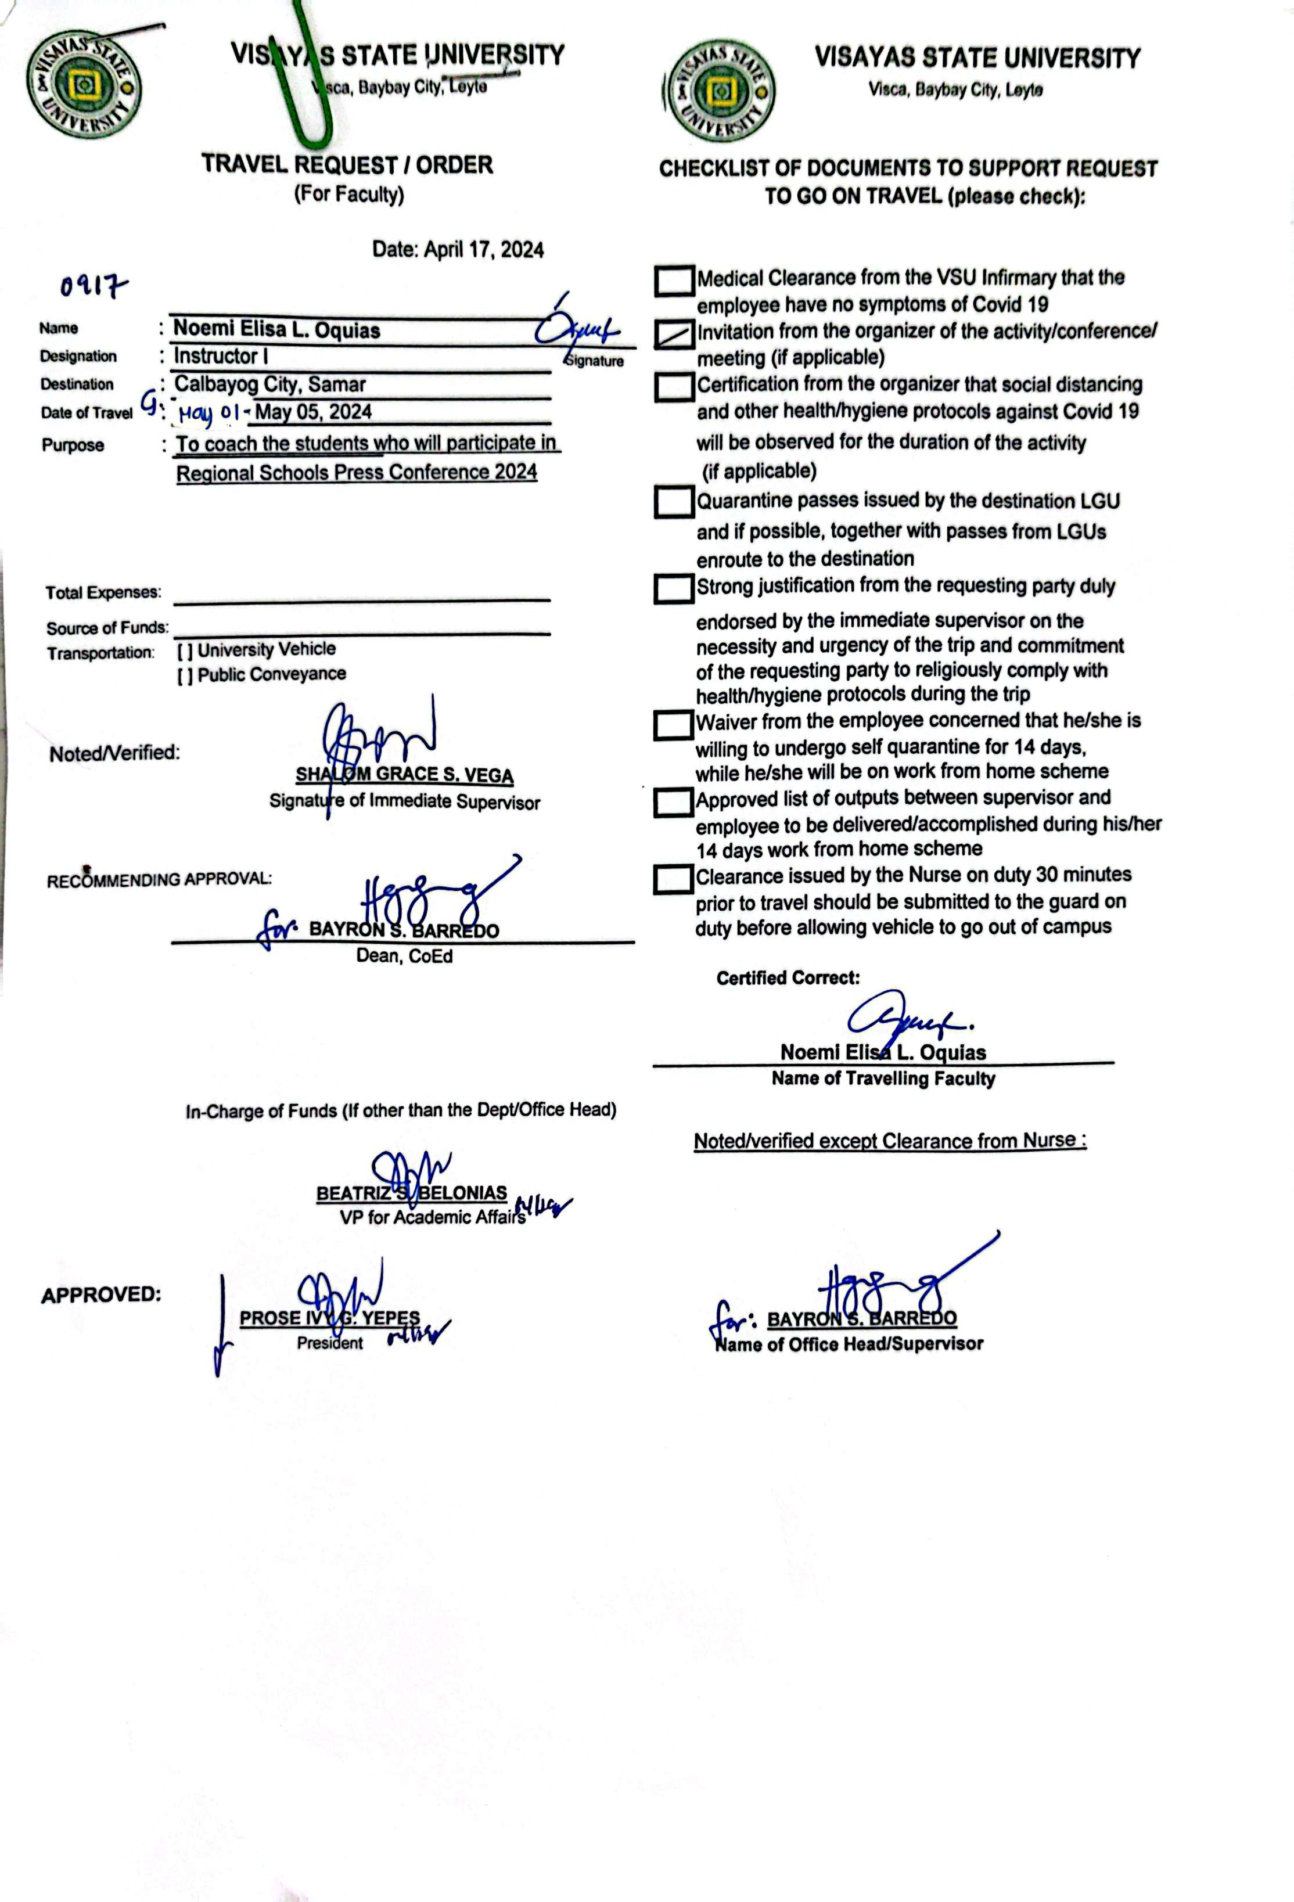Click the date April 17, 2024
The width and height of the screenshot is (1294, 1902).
point(483,250)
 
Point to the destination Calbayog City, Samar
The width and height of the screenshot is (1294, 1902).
point(270,384)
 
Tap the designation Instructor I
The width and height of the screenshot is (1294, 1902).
point(220,357)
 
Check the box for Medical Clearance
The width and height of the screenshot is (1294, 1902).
point(674,281)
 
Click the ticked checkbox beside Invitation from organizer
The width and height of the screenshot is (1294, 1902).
point(674,334)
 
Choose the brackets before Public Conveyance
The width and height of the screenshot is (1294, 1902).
point(185,676)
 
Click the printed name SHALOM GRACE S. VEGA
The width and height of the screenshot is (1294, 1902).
point(404,774)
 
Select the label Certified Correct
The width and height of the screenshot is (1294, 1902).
point(788,978)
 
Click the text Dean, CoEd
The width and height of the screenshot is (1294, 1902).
point(404,956)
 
